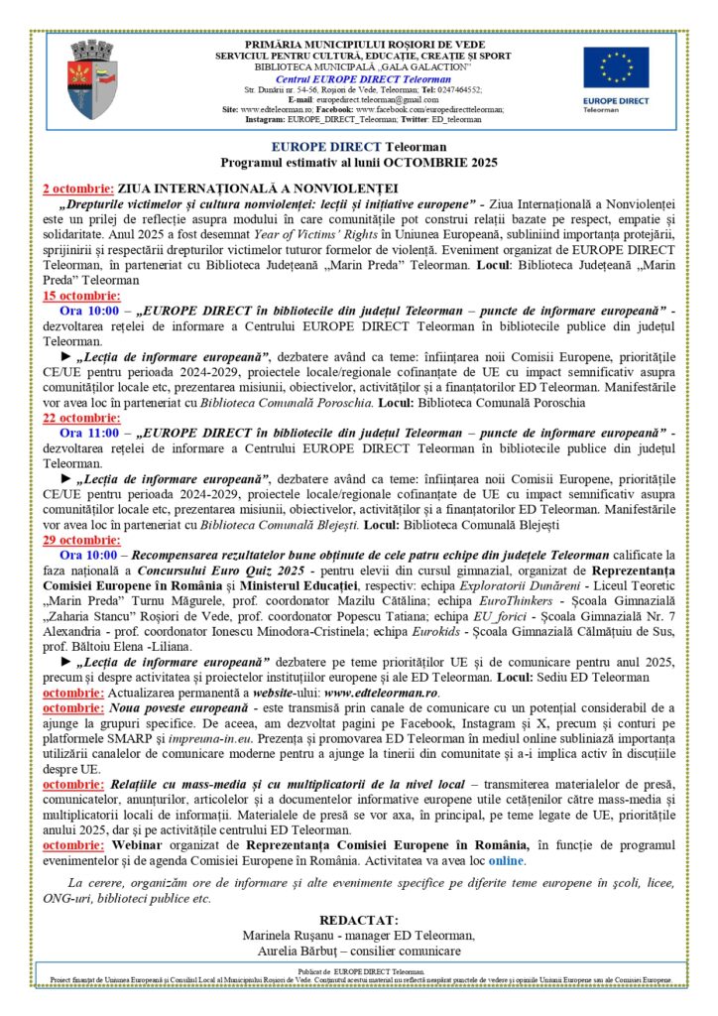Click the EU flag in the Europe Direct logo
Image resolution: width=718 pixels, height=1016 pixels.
click(x=616, y=67)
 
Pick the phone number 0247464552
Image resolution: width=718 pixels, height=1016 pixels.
click(x=453, y=89)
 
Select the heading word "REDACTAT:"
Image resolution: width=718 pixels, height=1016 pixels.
click(x=358, y=920)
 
